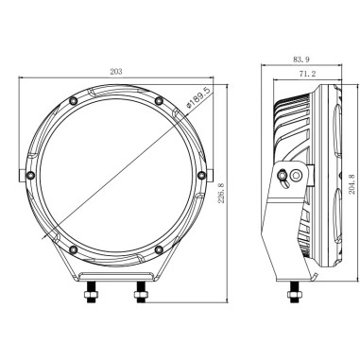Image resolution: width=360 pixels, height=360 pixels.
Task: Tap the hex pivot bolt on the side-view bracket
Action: click(x=284, y=173)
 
